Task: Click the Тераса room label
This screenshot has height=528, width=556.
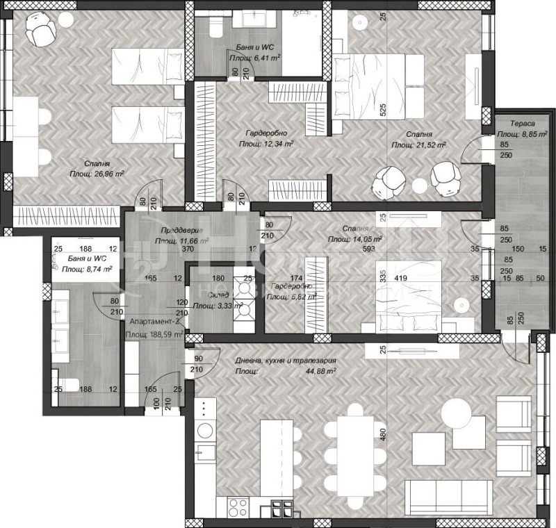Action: (518, 121)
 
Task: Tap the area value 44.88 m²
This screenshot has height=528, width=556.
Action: (320, 371)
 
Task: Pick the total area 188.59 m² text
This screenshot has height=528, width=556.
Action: (154, 334)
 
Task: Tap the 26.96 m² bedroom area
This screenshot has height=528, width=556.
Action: (97, 174)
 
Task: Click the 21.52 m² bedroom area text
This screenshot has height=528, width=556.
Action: (418, 145)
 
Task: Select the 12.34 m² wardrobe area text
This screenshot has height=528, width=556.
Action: (266, 144)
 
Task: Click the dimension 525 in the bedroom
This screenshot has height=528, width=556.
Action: (382, 109)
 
